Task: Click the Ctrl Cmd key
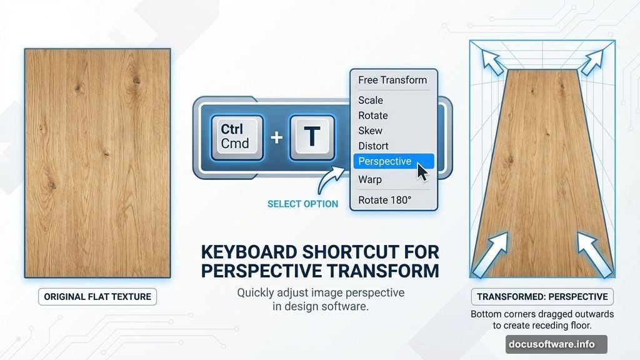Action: pyautogui.click(x=237, y=137)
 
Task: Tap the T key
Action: pyautogui.click(x=312, y=137)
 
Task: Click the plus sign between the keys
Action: pyautogui.click(x=277, y=137)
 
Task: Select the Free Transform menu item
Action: pyautogui.click(x=392, y=80)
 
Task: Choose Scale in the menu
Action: pyautogui.click(x=371, y=100)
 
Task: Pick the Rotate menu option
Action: pyautogui.click(x=373, y=116)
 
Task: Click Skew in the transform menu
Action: pyautogui.click(x=370, y=131)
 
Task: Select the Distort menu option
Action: pyautogui.click(x=373, y=146)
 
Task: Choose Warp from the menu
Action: pyautogui.click(x=370, y=179)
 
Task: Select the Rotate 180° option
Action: pyautogui.click(x=384, y=200)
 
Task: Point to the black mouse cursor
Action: pyautogui.click(x=422, y=171)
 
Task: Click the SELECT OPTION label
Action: pyautogui.click(x=303, y=204)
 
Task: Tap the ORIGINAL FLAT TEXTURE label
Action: pyautogui.click(x=97, y=297)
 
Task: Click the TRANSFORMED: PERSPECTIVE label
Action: pyautogui.click(x=542, y=297)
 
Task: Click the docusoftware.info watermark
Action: pyautogui.click(x=556, y=344)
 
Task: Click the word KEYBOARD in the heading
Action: pyautogui.click(x=249, y=252)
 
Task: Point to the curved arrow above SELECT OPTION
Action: pyautogui.click(x=330, y=180)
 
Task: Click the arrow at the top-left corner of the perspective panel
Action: pyautogui.click(x=492, y=62)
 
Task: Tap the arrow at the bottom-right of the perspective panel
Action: pyautogui.click(x=594, y=254)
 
